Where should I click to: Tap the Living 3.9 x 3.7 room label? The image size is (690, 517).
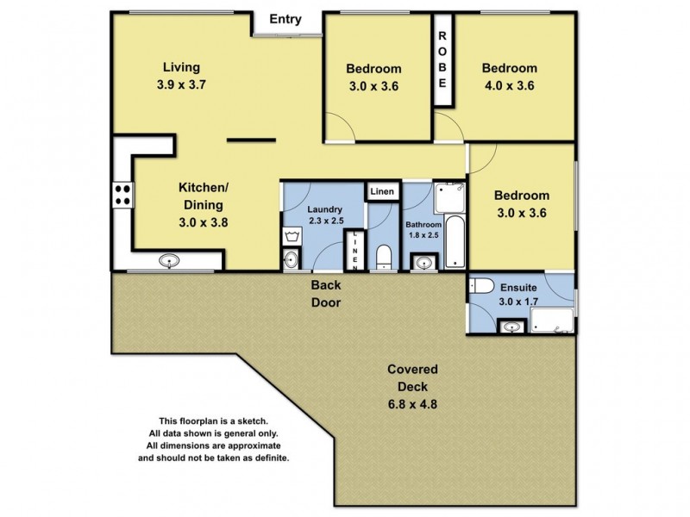coord(182,76)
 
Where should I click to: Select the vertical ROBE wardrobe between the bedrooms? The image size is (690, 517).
coord(442,60)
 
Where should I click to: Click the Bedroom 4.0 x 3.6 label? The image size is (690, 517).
coord(509,77)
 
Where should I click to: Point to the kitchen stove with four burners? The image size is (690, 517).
coord(122,196)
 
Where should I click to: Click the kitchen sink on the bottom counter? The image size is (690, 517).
coord(169,260)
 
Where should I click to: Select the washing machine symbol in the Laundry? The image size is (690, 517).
coord(291,235)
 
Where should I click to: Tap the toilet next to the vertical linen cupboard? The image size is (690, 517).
coord(385,257)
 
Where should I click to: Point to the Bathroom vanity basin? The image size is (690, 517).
coord(423,261)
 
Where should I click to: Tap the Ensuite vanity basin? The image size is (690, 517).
coord(512,326)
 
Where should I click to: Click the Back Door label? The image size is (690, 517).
coord(326,295)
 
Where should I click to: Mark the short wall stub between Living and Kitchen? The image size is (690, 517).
coord(251,140)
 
